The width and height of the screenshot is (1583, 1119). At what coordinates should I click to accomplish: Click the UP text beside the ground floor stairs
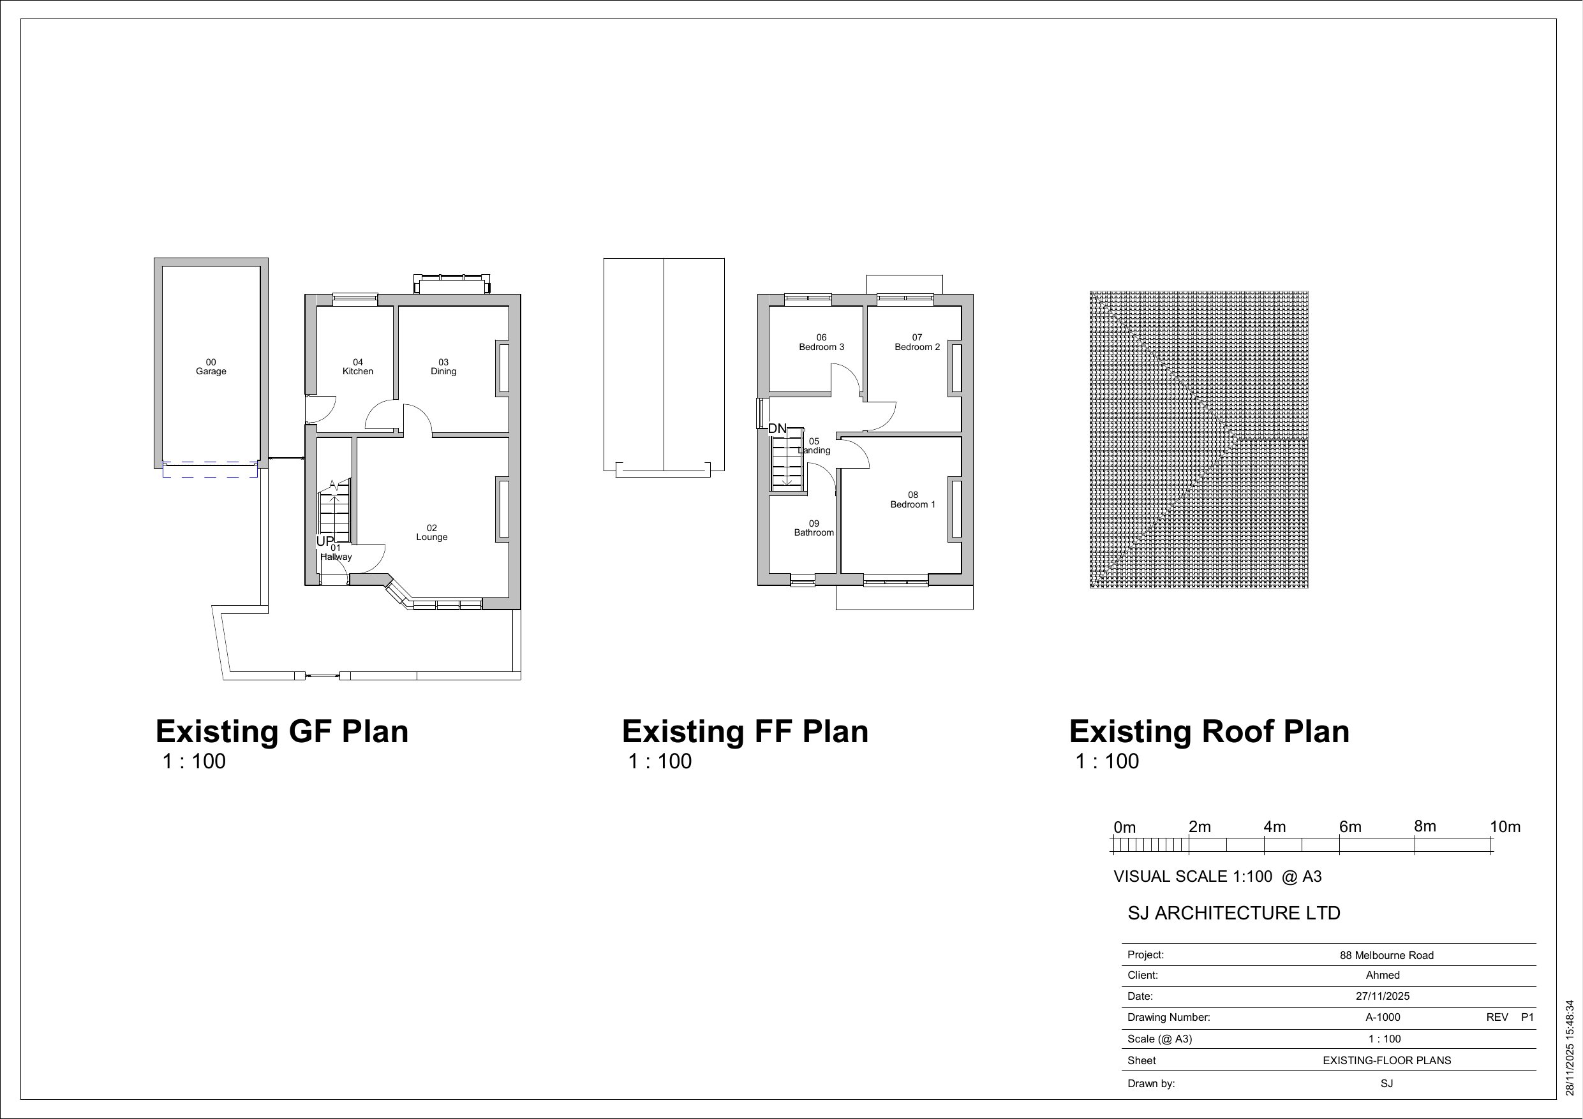(x=325, y=541)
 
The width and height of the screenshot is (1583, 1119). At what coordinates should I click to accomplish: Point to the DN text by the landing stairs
(x=777, y=428)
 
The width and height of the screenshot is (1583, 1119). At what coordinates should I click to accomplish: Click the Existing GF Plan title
(x=282, y=732)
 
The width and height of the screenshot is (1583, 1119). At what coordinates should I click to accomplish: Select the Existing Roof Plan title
(x=1208, y=732)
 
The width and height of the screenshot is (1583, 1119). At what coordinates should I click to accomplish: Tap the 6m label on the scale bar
(x=1350, y=827)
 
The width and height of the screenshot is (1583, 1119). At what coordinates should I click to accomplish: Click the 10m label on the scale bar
(x=1505, y=827)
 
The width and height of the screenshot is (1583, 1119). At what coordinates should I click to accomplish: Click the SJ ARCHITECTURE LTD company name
(x=1233, y=914)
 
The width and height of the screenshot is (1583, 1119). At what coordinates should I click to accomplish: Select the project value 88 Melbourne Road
(x=1386, y=956)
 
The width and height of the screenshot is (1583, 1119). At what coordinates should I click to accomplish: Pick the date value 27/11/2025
(x=1383, y=997)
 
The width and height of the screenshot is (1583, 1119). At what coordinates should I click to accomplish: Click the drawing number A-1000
(x=1383, y=1018)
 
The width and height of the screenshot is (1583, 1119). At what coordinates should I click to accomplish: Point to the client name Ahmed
(x=1383, y=976)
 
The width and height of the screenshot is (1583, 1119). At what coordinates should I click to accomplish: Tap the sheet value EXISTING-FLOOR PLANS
(x=1386, y=1061)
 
